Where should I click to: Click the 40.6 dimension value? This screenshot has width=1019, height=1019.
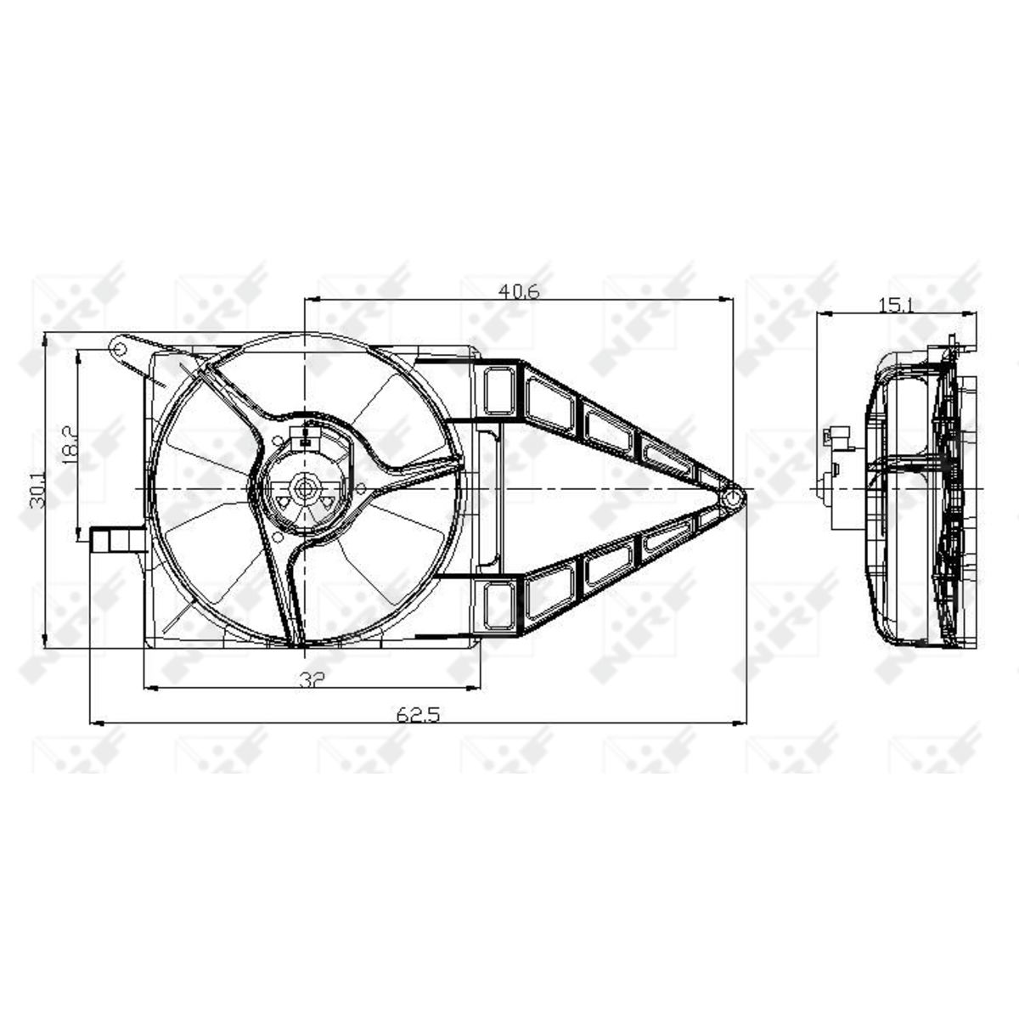(519, 291)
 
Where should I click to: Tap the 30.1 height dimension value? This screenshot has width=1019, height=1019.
(37, 490)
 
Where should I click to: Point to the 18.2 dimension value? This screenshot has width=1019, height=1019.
(70, 445)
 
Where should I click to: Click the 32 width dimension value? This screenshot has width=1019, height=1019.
(312, 679)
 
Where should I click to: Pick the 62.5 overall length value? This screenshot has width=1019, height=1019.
(418, 715)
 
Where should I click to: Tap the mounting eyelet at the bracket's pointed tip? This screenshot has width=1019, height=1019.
(733, 497)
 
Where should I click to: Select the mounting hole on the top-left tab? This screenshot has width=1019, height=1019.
(120, 348)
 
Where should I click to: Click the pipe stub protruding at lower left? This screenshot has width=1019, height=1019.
(117, 540)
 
